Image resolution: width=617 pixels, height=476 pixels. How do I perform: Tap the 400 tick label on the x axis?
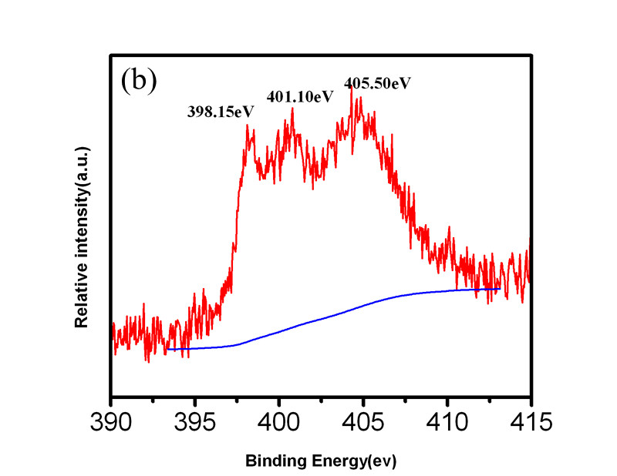[279, 423]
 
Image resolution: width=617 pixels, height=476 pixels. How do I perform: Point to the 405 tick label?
[363, 423]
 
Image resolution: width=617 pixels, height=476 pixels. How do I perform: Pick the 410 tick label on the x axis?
[447, 423]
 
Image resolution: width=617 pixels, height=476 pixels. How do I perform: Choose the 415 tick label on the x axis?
[529, 423]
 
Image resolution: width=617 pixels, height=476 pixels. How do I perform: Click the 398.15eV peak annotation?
[221, 111]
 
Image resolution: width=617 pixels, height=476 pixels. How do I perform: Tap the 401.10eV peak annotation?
[300, 96]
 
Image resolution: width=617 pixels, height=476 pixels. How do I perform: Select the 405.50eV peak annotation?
[377, 82]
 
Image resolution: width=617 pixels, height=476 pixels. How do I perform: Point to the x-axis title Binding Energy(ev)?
[320, 461]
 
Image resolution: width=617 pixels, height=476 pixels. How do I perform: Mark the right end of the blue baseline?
[501, 289]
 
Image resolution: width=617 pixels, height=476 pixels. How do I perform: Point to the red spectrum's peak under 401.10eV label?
[292, 108]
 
